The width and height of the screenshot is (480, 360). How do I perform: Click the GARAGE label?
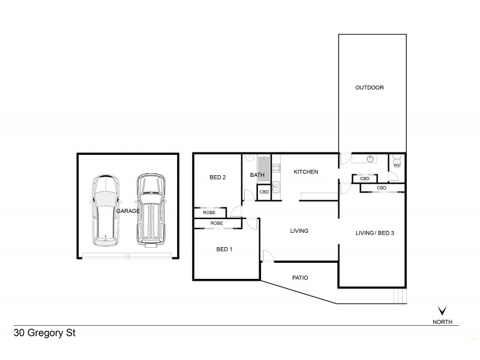128,211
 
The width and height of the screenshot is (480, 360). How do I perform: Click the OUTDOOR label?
369,88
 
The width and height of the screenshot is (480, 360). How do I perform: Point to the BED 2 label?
217,177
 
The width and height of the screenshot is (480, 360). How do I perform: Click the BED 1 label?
224,250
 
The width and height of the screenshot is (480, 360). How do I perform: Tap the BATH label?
257,175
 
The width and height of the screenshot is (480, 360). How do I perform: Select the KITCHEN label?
305,172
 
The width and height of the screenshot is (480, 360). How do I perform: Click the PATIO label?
300,278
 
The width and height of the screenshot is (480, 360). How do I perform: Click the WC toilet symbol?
397,162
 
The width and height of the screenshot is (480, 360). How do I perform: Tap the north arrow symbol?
443,311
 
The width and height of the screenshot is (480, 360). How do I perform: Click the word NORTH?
443,321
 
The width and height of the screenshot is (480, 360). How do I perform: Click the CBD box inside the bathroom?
264,192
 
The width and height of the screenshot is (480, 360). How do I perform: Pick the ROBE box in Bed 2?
209,212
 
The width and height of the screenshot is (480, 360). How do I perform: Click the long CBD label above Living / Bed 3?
382,188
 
